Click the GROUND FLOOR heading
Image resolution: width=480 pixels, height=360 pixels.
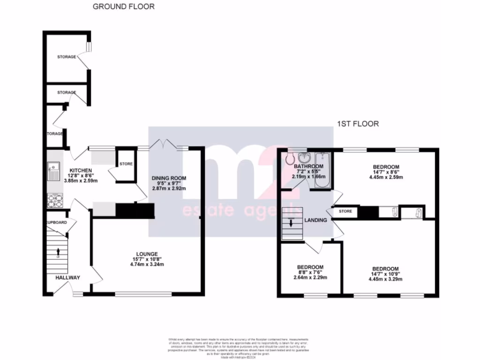coord(124,7)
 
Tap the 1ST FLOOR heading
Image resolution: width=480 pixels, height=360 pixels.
coord(358,124)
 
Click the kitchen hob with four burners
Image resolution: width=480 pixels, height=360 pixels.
coord(54,201)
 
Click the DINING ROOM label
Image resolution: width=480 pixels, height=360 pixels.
coord(169,178)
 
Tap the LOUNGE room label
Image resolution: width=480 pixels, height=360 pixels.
coord(148,254)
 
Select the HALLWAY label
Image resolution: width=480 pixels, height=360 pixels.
coord(67,277)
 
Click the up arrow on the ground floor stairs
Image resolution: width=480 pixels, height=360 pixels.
coord(58,253)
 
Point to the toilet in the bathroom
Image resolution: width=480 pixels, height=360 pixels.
coord(289,159)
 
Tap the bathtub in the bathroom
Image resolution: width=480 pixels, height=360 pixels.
coord(322,170)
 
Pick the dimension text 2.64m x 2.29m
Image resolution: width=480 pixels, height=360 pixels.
coord(310,277)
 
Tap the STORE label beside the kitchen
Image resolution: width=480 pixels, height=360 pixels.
coord(126,164)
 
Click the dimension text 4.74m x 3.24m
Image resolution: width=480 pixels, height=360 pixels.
coord(148,264)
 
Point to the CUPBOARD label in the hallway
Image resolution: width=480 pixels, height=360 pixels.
coord(56,222)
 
